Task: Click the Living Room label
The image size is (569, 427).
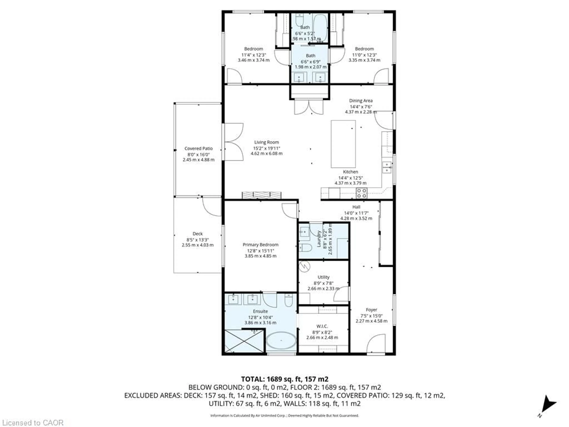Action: click(266, 142)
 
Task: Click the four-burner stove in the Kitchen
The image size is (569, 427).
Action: click(361, 193)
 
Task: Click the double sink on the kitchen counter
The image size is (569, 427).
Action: click(387, 167)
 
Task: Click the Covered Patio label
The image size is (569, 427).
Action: click(198, 149)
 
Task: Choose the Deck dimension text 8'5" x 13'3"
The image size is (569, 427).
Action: click(198, 239)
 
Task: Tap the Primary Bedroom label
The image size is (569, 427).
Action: click(260, 244)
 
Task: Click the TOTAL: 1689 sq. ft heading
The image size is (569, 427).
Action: click(284, 379)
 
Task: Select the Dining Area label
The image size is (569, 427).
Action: click(361, 101)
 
